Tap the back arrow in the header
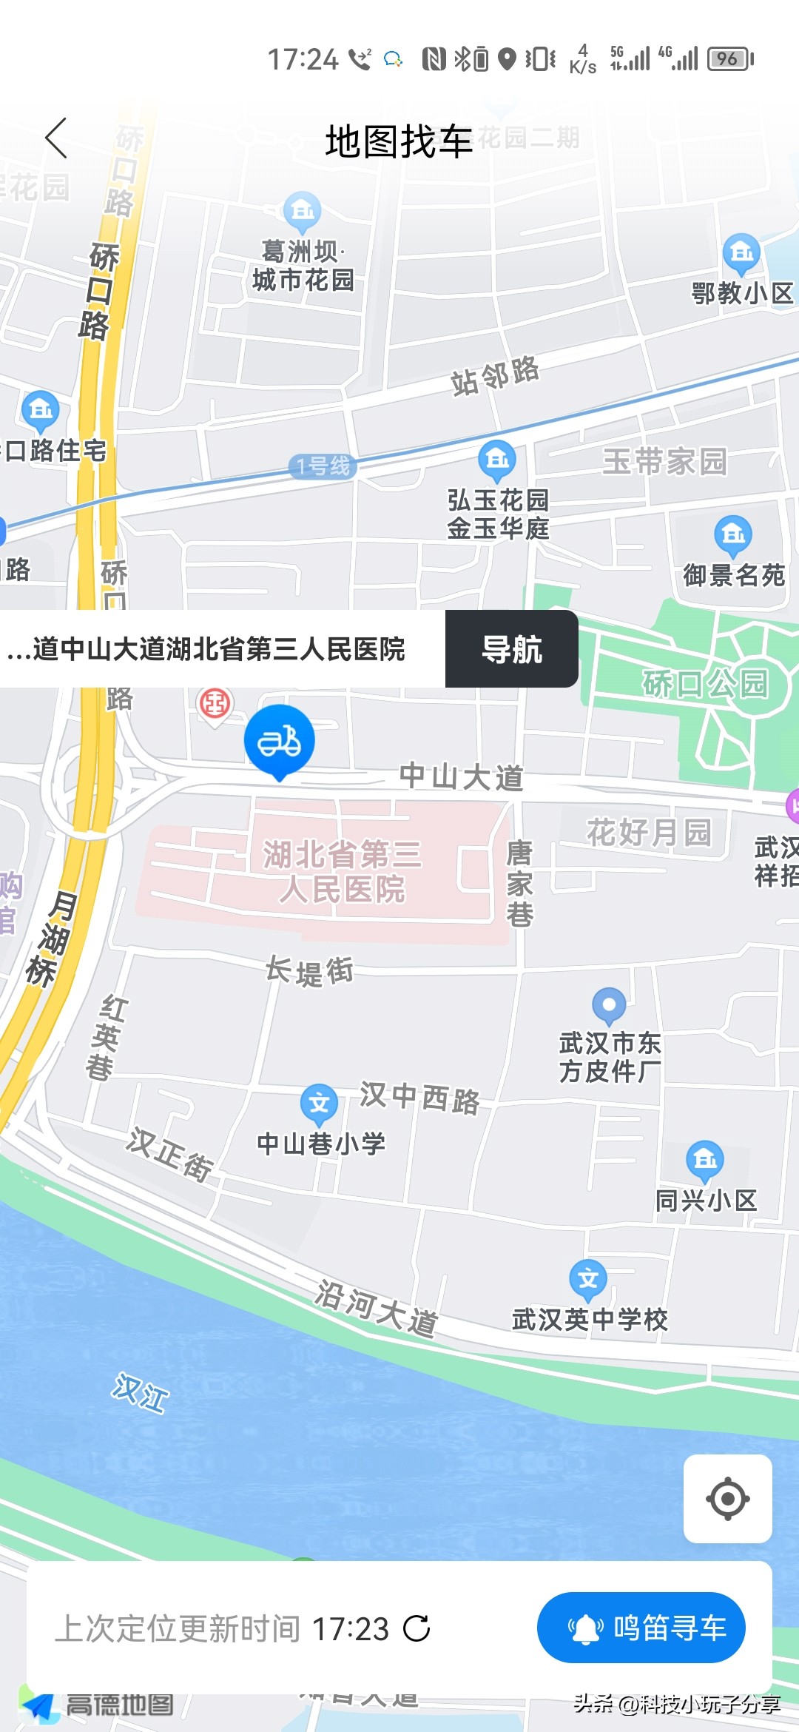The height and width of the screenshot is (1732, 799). click(x=56, y=138)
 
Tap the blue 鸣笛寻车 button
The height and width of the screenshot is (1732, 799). click(x=641, y=1628)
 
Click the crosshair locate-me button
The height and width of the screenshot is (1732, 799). click(x=727, y=1499)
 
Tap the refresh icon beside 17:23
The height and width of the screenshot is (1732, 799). click(x=417, y=1628)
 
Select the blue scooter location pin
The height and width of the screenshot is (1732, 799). click(x=280, y=741)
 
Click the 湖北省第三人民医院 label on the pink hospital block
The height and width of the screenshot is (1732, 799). click(x=342, y=871)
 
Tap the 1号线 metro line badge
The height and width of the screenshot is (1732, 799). click(x=323, y=466)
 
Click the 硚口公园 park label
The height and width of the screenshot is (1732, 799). click(x=704, y=683)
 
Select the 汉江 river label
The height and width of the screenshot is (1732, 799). click(x=141, y=1392)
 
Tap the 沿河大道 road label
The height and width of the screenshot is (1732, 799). click(x=376, y=1308)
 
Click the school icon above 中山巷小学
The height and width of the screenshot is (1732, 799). click(x=319, y=1103)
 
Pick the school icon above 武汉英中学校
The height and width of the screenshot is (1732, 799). click(x=588, y=1278)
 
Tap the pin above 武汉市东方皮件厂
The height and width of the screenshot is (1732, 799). click(x=609, y=1005)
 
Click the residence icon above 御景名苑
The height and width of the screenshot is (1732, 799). click(x=733, y=534)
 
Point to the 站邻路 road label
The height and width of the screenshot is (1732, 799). click(x=495, y=375)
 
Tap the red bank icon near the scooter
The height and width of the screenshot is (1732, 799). click(x=215, y=703)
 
